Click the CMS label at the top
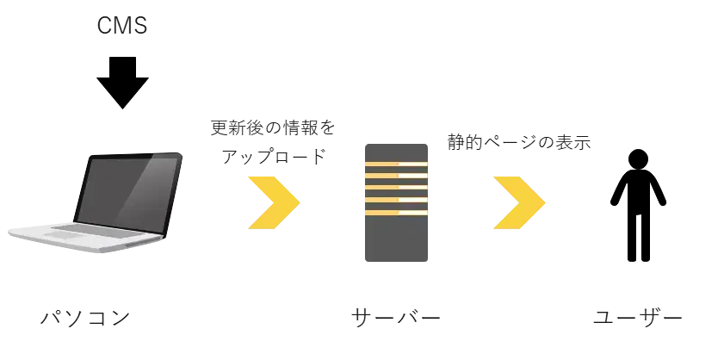coord(122,26)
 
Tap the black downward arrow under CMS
coord(122,83)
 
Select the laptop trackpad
coord(65,236)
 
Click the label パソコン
coord(85,318)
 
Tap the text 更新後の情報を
coord(273,128)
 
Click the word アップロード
coord(274,157)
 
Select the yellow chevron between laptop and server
coord(275,202)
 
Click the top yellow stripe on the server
coord(396,164)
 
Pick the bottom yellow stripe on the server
coord(396,213)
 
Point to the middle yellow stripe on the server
coord(396,188)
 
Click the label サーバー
coord(396,318)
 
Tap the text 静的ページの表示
coord(519,142)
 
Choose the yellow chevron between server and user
coord(519,202)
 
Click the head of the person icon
coord(638,159)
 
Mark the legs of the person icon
coord(638,237)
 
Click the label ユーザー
coord(638,318)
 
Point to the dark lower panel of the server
coord(396,239)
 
